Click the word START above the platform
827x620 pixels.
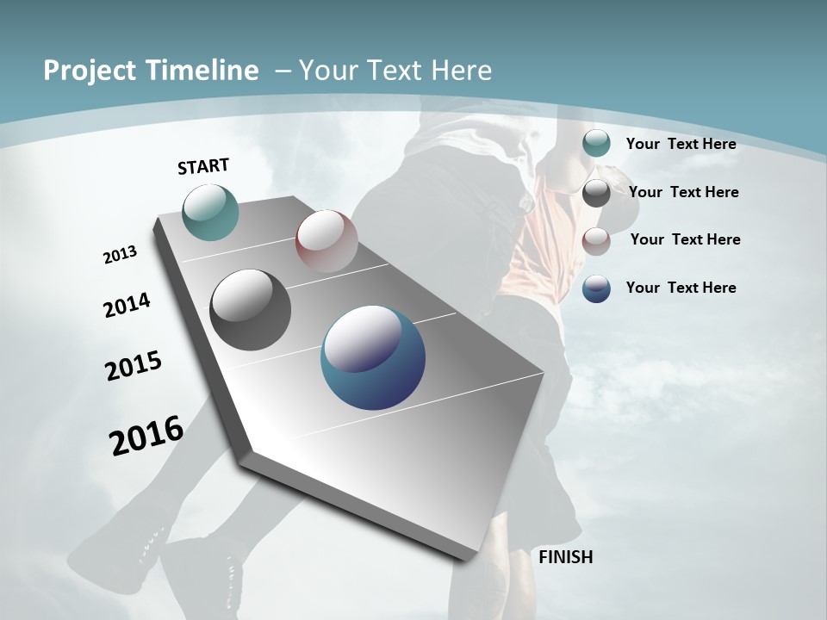pos(203,166)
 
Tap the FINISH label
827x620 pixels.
pos(566,557)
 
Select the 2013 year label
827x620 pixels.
pos(121,255)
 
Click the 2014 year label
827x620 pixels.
pos(127,305)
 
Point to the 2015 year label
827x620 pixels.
pos(134,366)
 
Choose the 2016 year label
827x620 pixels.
pos(146,435)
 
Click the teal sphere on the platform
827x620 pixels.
pos(210,212)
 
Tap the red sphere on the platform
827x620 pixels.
pos(326,241)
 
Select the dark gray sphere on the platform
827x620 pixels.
pos(250,310)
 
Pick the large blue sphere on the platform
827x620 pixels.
pos(373,357)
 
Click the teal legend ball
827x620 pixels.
pos(596,144)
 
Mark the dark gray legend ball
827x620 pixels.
pos(596,193)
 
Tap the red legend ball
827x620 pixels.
pos(596,241)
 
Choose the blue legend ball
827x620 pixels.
pos(596,288)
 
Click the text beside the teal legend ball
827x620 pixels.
pos(681,144)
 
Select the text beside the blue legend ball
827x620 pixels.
pos(681,288)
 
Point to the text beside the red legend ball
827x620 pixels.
pos(685,239)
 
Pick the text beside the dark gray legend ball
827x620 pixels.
pos(683,192)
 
